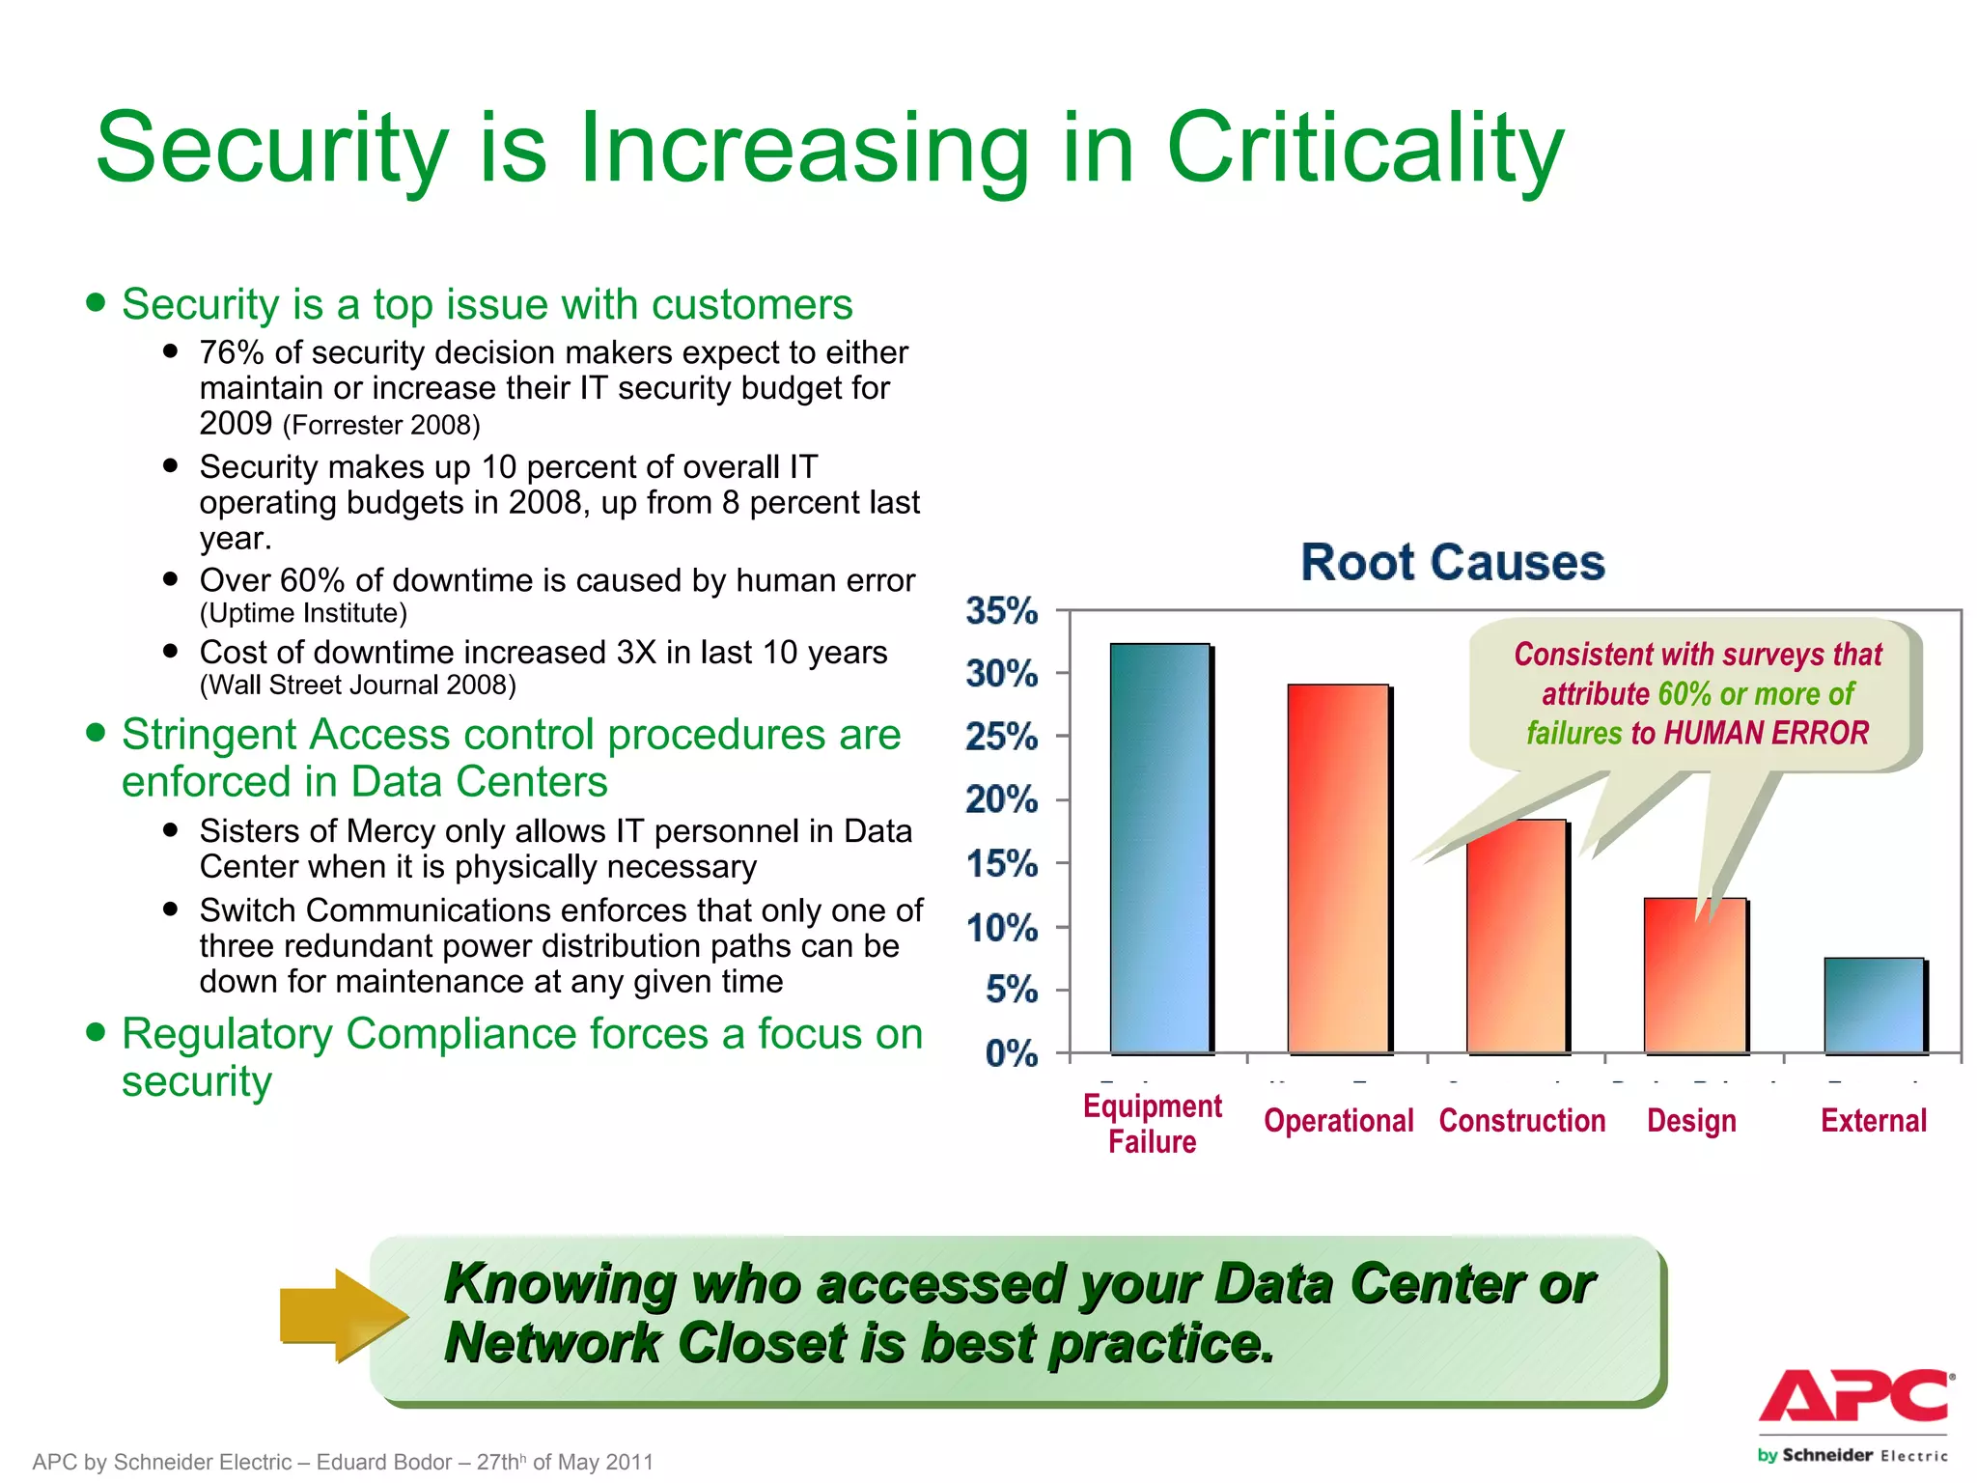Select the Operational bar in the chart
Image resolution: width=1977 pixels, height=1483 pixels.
point(1338,868)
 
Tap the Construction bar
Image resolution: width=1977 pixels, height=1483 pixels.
point(1517,936)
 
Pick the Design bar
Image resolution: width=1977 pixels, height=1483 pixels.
point(1694,975)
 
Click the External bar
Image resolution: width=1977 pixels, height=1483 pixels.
point(1874,1005)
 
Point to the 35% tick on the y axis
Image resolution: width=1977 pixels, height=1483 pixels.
point(1002,611)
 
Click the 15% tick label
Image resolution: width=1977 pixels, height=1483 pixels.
point(1002,864)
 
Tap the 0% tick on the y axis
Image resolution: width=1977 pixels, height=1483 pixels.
point(1011,1053)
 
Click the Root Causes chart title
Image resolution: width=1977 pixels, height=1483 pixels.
point(1452,562)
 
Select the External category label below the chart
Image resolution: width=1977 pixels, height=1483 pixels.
point(1873,1121)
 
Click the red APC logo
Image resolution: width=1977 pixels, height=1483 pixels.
point(1854,1396)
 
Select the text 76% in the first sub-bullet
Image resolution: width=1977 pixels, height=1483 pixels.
point(231,353)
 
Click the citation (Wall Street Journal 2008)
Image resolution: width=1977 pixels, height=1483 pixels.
point(357,686)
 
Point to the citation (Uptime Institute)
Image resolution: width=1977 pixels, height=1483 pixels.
point(303,614)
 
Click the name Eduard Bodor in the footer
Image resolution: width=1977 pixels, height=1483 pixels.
point(383,1462)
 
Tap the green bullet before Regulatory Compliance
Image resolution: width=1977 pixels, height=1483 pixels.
point(95,1031)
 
